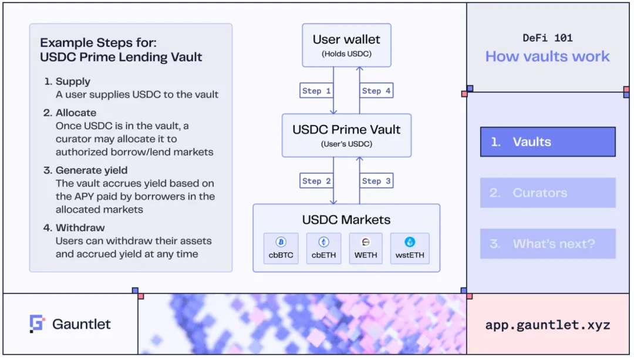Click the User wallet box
pos(346,45)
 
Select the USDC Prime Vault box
pos(346,135)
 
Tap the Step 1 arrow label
pos(316,91)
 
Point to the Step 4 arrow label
pos(376,91)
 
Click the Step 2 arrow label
pos(316,181)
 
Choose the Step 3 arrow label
pos(376,181)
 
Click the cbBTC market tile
pos(281,248)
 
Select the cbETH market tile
pos(323,248)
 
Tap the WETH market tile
pos(366,248)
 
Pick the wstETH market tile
pos(410,248)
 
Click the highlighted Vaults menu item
pos(548,142)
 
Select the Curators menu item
pos(548,193)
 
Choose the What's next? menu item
pos(548,244)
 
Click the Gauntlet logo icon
pos(37,324)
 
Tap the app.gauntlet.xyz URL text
pos(548,325)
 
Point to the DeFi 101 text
pos(548,38)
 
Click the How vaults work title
pos(548,56)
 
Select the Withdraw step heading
pos(80,228)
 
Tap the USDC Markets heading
pos(346,220)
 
